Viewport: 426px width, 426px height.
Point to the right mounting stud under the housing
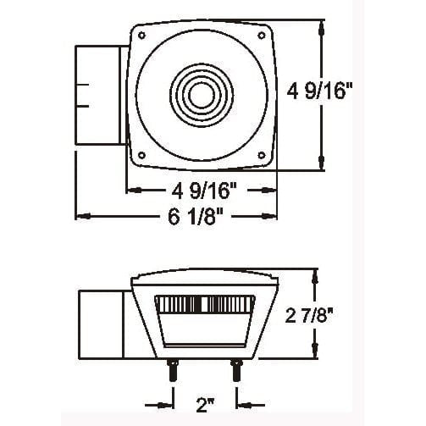pos(235,371)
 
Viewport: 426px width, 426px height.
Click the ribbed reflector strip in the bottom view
pos(206,305)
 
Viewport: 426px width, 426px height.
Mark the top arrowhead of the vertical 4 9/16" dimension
pos(321,26)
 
